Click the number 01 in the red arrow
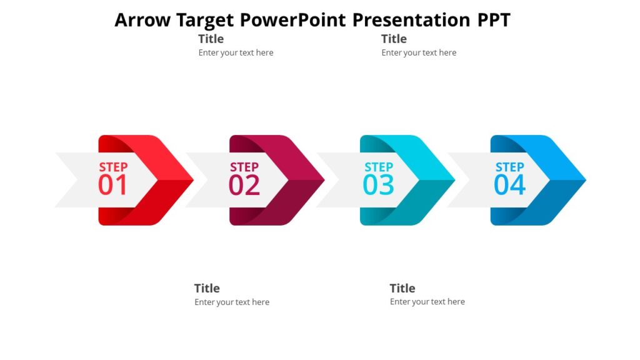(112, 186)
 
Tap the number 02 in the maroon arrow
(244, 186)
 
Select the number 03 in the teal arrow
(379, 186)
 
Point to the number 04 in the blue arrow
(509, 186)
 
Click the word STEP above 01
(113, 167)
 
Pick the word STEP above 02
(244, 167)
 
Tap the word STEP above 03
(379, 167)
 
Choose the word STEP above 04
(509, 167)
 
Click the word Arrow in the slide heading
(142, 20)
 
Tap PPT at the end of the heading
(494, 20)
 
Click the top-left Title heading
(211, 39)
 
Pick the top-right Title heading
(394, 39)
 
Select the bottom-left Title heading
(207, 288)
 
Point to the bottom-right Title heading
(402, 288)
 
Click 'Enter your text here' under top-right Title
(419, 53)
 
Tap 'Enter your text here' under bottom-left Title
(232, 302)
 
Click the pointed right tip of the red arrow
(192, 181)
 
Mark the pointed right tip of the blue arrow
(584, 181)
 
